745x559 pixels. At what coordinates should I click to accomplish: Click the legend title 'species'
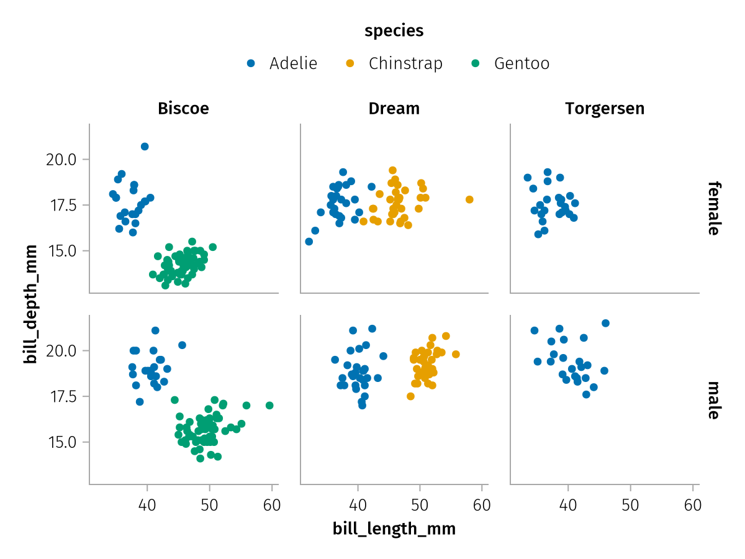394,30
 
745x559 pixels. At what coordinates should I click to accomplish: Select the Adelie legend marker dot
251,63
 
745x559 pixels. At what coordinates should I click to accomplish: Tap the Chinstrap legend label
405,63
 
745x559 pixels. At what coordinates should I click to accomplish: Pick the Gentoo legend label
521,63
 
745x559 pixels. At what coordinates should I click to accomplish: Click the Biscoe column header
183,109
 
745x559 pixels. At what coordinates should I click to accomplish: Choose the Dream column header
394,109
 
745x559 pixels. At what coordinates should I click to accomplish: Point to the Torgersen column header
605,109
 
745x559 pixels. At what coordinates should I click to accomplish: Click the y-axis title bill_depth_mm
30,304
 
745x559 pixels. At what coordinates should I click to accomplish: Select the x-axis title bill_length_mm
394,529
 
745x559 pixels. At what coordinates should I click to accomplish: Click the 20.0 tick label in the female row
61,160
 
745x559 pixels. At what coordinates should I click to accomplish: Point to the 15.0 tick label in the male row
61,442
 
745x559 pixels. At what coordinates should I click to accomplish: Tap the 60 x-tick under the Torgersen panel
693,505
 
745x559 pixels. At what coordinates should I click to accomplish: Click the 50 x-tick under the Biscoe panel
209,505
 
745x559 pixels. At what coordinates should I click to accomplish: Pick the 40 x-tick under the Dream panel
358,505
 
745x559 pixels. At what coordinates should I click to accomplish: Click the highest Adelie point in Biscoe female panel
145,147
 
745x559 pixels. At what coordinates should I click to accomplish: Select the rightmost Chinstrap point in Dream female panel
469,199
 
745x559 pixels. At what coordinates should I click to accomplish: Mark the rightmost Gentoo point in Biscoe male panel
269,406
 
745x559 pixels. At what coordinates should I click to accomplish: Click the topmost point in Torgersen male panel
606,323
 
